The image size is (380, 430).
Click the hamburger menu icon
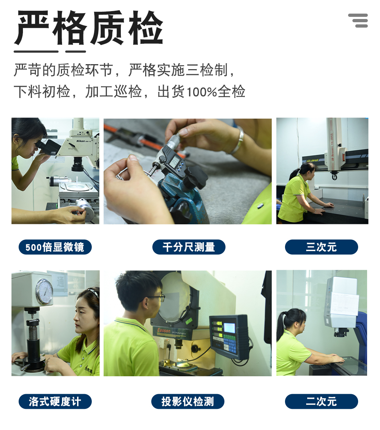[x=358, y=20]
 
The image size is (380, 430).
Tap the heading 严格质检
[x=89, y=28]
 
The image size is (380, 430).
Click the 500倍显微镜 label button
[x=55, y=247]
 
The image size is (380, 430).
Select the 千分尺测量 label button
[x=189, y=247]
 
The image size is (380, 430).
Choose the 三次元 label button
[x=321, y=247]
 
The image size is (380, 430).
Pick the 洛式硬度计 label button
[x=55, y=401]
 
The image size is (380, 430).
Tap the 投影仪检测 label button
[x=187, y=401]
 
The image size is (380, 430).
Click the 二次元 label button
[x=321, y=401]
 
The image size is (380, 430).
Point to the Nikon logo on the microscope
[x=81, y=141]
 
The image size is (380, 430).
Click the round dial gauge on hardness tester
[x=44, y=291]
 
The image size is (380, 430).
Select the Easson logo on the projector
[x=163, y=330]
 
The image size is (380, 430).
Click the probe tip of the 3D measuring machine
[x=334, y=177]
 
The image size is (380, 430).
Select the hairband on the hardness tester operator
[x=93, y=291]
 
